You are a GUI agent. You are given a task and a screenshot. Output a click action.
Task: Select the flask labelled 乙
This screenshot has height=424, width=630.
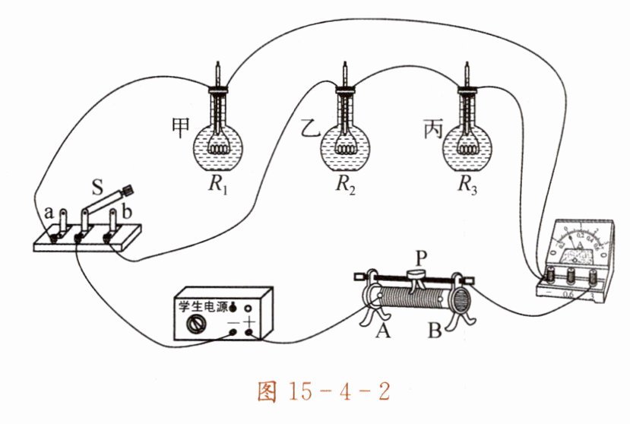click(343, 149)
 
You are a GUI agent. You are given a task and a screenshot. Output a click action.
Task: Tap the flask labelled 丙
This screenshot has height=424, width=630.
click(466, 149)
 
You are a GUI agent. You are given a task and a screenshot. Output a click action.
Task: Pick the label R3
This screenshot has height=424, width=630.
click(467, 185)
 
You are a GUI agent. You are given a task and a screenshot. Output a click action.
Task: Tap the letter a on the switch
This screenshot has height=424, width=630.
click(48, 213)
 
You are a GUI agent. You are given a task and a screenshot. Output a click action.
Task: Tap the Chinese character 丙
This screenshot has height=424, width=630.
click(430, 127)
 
